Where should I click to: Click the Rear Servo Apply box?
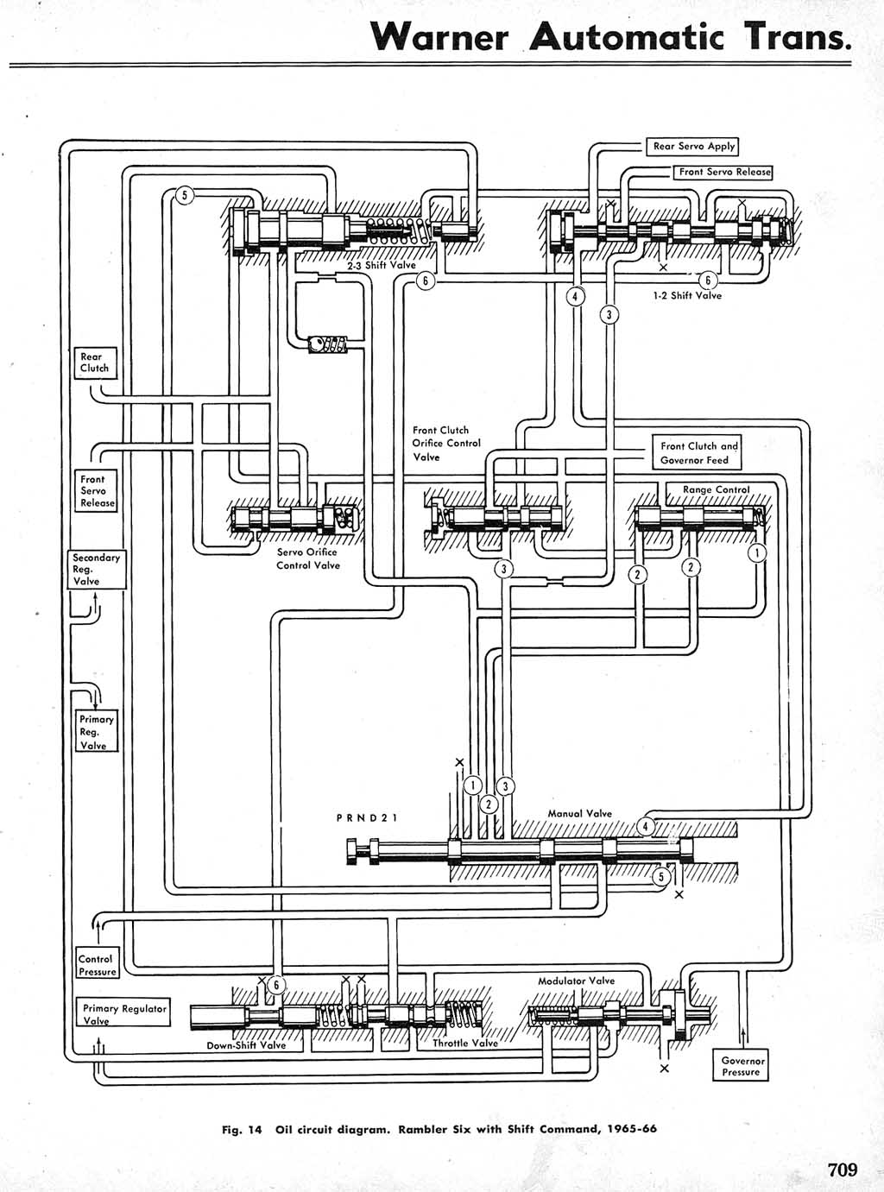[x=693, y=147]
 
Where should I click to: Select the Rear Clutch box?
[x=94, y=363]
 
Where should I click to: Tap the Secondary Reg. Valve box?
[x=96, y=570]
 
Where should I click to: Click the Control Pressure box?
[x=97, y=965]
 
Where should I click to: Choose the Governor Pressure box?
[x=742, y=1067]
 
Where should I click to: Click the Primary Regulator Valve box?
[x=124, y=1014]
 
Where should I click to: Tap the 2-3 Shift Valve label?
[x=381, y=266]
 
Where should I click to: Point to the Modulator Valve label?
[x=576, y=981]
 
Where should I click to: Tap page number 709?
[x=843, y=1170]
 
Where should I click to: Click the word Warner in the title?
[x=440, y=37]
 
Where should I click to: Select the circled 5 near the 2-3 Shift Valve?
[x=183, y=195]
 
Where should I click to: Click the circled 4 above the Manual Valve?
[x=646, y=826]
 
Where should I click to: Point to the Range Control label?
[x=716, y=489]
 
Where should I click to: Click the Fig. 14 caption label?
[x=242, y=1129]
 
